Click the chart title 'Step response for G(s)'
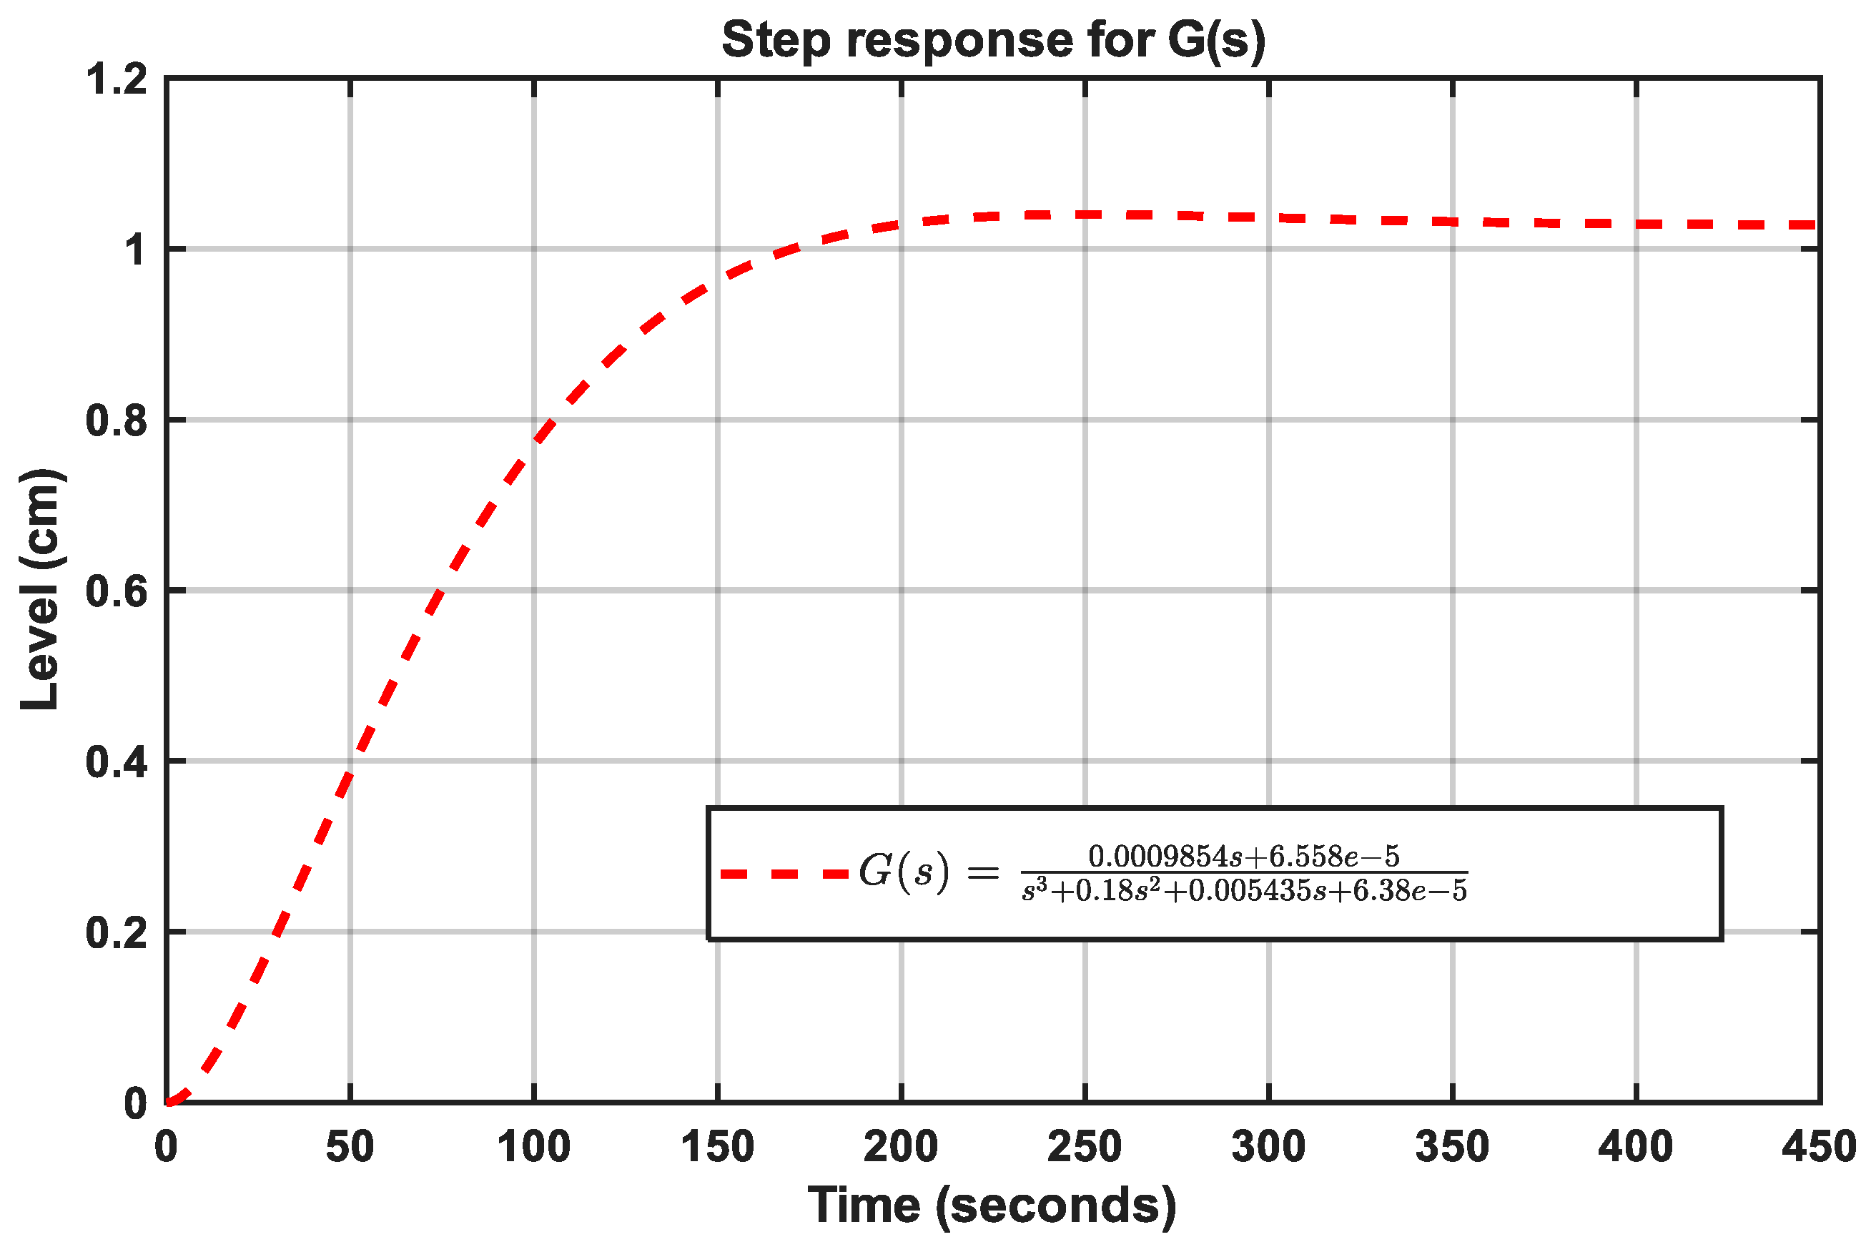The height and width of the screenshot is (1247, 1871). [x=992, y=40]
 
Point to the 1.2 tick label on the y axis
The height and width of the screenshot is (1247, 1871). [x=116, y=79]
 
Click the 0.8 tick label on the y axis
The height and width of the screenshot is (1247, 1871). [x=116, y=420]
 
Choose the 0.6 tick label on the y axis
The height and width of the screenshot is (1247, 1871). [x=116, y=591]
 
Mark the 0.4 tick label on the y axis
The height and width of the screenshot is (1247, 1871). [x=116, y=761]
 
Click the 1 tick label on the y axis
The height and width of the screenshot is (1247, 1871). [x=135, y=250]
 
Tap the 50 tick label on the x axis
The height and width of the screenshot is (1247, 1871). [x=350, y=1147]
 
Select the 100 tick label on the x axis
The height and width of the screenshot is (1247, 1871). [x=533, y=1147]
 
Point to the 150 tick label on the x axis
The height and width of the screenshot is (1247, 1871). [x=717, y=1147]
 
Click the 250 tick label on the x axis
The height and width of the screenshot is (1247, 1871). [x=1085, y=1147]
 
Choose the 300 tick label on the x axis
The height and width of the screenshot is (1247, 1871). [x=1268, y=1147]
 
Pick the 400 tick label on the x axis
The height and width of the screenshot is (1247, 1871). [x=1636, y=1147]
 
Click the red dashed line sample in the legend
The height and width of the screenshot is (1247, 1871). [x=784, y=874]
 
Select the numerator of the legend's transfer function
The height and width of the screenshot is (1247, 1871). [x=1243, y=857]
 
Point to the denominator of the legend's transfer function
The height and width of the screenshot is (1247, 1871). [x=1243, y=891]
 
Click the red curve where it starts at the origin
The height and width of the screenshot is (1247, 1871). [x=169, y=1101]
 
